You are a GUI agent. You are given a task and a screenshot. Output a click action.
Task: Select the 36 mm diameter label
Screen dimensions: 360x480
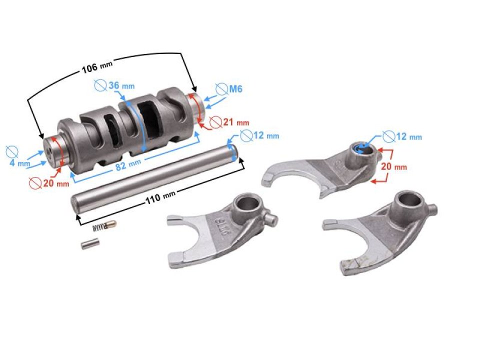120,85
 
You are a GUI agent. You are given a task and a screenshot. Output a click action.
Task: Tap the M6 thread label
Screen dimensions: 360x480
235,89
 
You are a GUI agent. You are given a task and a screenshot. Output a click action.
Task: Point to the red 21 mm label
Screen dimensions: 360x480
235,121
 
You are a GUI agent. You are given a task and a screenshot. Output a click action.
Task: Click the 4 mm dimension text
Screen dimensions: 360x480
17,163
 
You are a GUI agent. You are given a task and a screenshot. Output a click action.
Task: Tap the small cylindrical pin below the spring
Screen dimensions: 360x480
90,244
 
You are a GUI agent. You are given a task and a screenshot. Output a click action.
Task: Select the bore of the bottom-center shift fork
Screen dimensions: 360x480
247,203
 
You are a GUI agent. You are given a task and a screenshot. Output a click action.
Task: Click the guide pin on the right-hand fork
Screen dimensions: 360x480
432,208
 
